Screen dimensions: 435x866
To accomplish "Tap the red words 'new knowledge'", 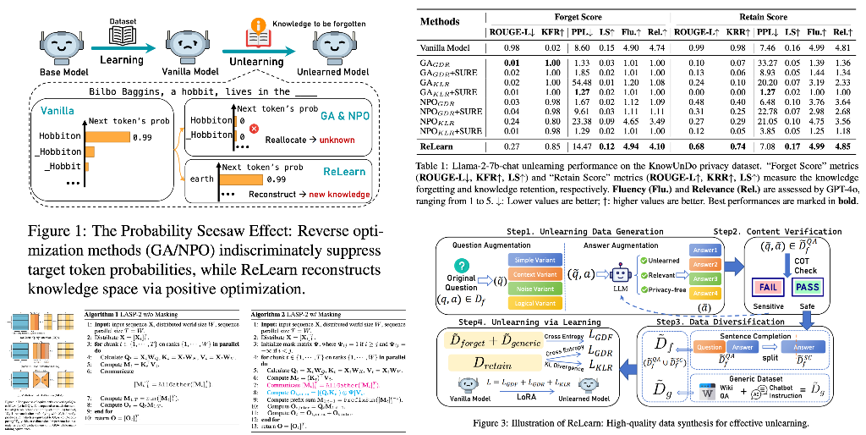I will (337, 195).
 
